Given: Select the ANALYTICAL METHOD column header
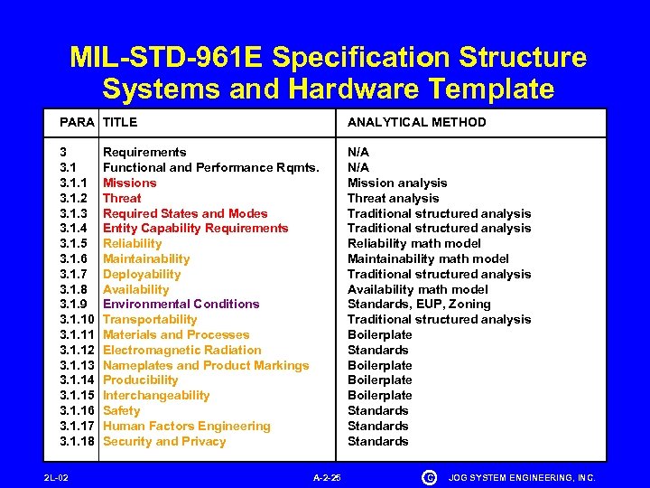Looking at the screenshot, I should [416, 122].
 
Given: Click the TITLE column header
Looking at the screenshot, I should [120, 122].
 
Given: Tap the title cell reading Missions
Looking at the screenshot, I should [129, 183].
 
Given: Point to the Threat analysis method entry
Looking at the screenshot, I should [393, 198].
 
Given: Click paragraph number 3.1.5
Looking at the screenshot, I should [73, 243].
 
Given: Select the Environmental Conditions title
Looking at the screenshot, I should [181, 304].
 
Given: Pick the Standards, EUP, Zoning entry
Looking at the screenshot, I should [419, 304].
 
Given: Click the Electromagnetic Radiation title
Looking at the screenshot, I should [181, 350].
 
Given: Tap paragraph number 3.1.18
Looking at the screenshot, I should [77, 441].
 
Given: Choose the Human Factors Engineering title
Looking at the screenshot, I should [186, 426].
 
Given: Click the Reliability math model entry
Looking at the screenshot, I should [414, 243].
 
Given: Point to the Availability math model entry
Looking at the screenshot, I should [418, 289].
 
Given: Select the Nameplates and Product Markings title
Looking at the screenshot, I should [206, 365].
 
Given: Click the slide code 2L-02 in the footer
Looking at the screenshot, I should [56, 476].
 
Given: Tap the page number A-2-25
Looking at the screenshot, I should [326, 476].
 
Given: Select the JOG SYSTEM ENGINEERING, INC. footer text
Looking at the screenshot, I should [522, 476].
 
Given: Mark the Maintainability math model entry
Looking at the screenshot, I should [428, 258].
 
